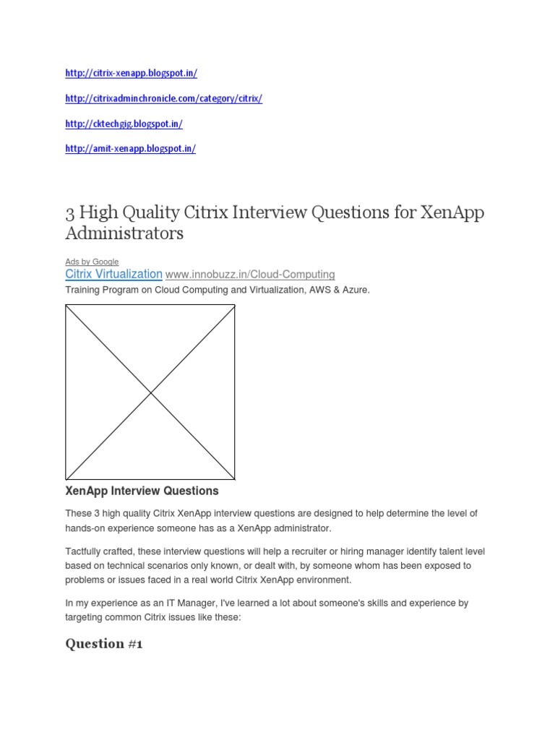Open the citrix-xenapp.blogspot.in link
tap(131, 73)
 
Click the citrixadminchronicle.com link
tap(163, 98)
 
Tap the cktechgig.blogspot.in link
tap(124, 124)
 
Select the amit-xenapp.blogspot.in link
tap(130, 148)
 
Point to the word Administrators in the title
tap(124, 233)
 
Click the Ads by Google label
tap(92, 262)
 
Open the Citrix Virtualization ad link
tap(113, 274)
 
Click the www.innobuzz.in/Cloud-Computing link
tap(250, 275)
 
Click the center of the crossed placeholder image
tap(150, 392)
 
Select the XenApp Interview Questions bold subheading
tap(142, 491)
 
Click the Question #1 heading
tap(104, 644)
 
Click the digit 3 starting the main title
tap(69, 214)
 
